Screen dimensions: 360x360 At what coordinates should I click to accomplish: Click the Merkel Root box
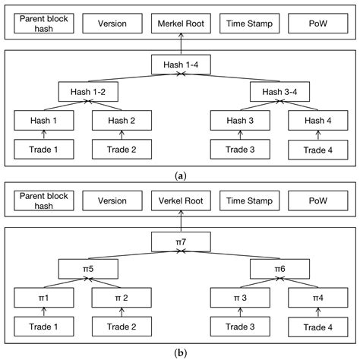pos(180,24)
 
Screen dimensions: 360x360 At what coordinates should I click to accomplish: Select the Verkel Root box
pos(180,201)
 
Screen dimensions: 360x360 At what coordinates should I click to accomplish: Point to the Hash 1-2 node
pos(88,93)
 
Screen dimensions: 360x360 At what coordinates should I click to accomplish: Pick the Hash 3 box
pos(240,120)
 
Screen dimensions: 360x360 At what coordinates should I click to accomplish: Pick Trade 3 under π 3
pos(240,327)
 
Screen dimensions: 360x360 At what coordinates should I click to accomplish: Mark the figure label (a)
pos(180,174)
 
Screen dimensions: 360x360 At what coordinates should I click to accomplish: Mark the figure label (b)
pos(180,352)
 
